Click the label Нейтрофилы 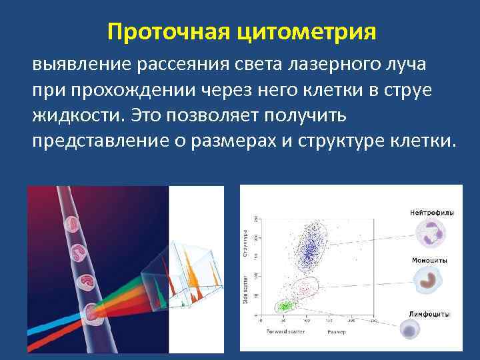pyautogui.click(x=431, y=213)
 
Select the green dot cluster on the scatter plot pyautogui.click(x=285, y=306)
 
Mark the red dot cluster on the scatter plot pyautogui.click(x=305, y=288)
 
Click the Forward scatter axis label pyautogui.click(x=286, y=331)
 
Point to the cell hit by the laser pyautogui.click(x=91, y=311)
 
